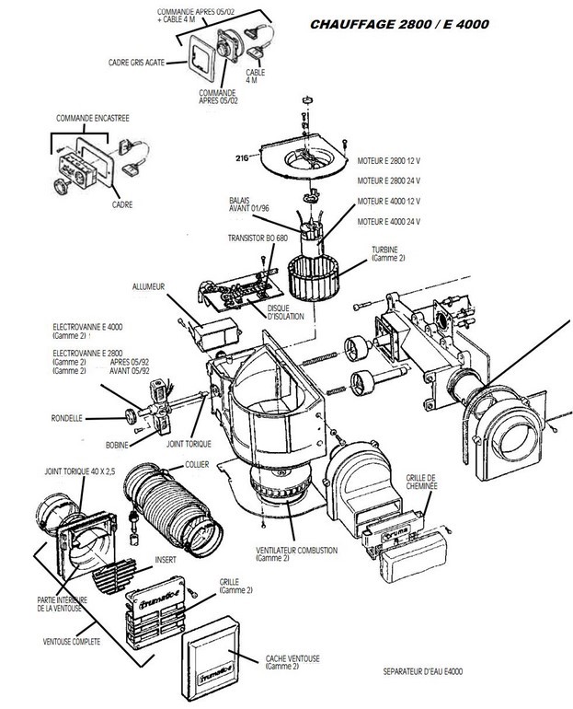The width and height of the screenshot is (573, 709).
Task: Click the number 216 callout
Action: click(242, 157)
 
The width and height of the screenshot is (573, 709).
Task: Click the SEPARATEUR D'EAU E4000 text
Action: click(423, 671)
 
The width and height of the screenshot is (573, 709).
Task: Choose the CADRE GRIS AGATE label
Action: click(137, 62)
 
